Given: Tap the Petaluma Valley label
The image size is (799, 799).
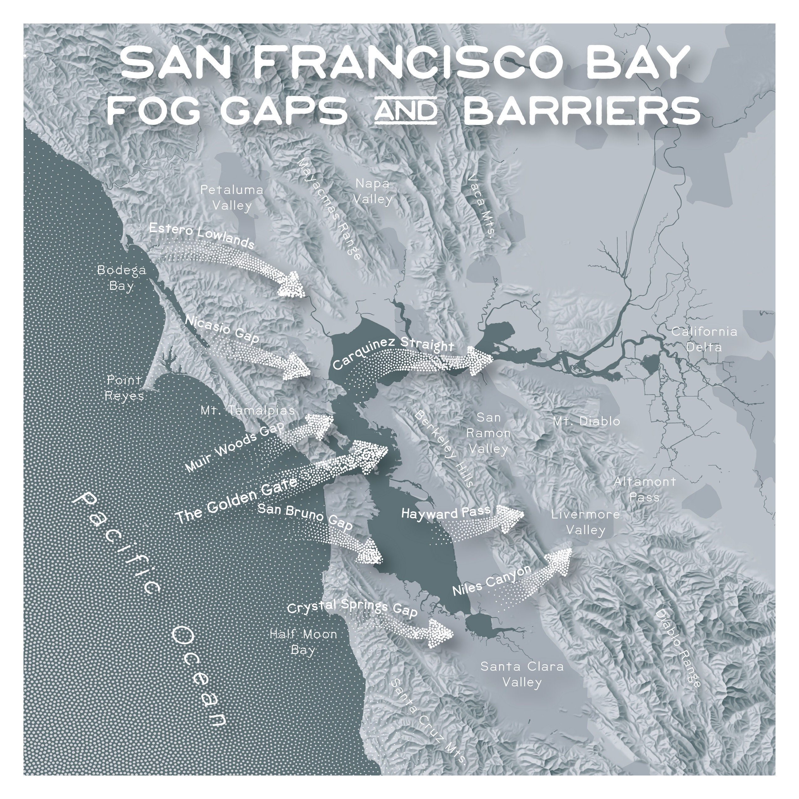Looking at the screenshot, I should coord(232,198).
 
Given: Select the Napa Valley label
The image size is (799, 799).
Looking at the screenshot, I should coord(372,191).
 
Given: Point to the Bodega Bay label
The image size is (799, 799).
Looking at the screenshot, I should coord(122,278).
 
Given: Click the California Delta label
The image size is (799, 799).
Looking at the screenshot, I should coord(704,339).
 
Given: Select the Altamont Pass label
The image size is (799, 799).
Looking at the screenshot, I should coord(644,489).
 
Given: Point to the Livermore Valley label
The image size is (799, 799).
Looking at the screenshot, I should coord(586,522).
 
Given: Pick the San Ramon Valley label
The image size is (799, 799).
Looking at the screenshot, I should coord(488,433).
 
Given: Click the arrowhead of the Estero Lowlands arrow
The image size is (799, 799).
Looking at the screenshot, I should coord(292,285).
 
